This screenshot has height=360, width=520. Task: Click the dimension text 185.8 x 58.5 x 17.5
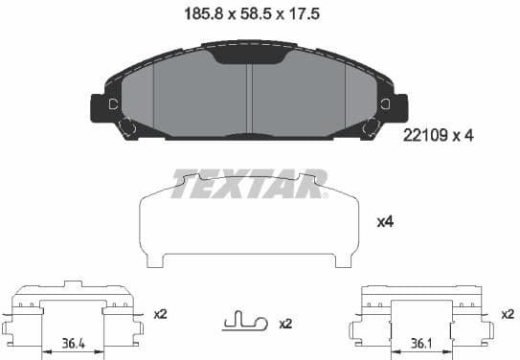pyautogui.click(x=251, y=14)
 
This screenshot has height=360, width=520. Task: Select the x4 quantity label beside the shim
pyautogui.click(x=385, y=222)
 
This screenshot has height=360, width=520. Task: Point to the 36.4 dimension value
pyautogui.click(x=72, y=341)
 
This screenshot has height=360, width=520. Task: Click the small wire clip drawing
pyautogui.click(x=243, y=322)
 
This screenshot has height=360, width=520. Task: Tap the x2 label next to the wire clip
pyautogui.click(x=284, y=324)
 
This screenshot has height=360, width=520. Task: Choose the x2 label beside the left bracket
pyautogui.click(x=160, y=313)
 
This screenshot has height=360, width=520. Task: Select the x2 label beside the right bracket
pyautogui.click(x=507, y=313)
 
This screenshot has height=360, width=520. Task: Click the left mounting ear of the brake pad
pyautogui.click(x=101, y=107)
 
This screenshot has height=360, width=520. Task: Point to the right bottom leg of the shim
pyautogui.click(x=347, y=260)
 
